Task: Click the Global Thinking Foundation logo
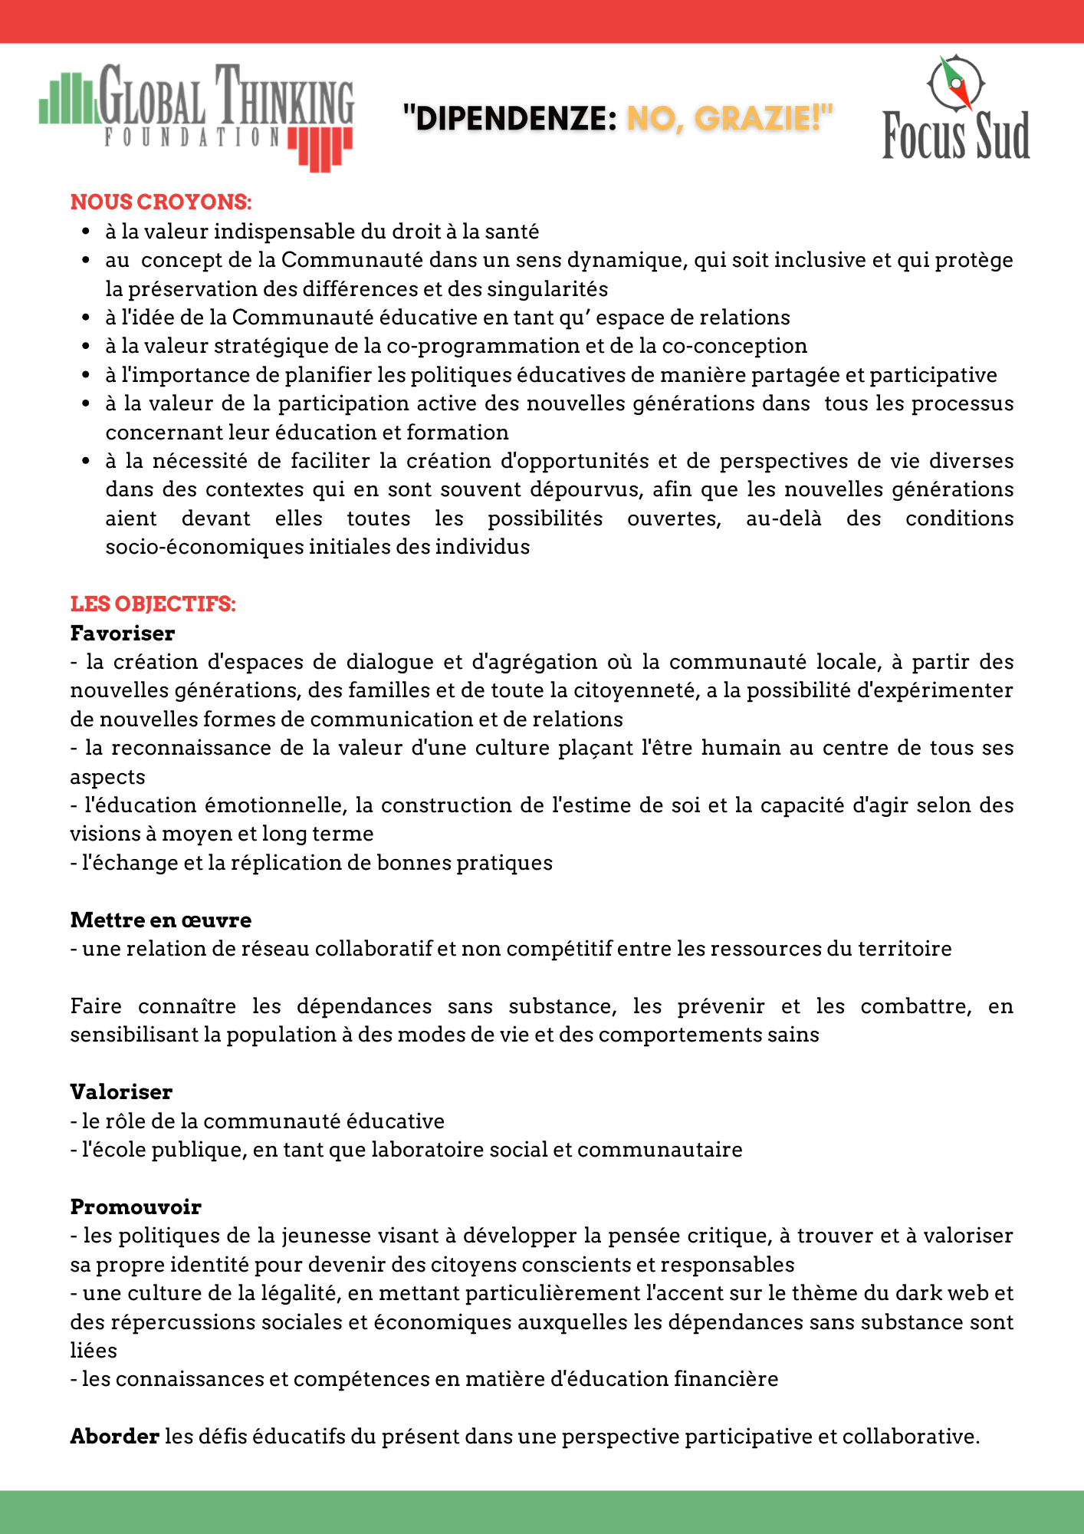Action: point(196,115)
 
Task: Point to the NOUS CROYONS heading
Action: point(161,202)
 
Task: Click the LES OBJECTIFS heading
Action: point(153,604)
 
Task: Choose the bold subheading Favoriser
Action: point(123,634)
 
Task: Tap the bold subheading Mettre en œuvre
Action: point(161,920)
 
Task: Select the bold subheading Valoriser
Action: point(121,1092)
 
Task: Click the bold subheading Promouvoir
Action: point(136,1207)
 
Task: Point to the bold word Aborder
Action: point(114,1437)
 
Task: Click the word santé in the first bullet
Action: point(512,232)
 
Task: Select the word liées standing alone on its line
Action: point(94,1351)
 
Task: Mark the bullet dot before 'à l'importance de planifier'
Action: point(87,375)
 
